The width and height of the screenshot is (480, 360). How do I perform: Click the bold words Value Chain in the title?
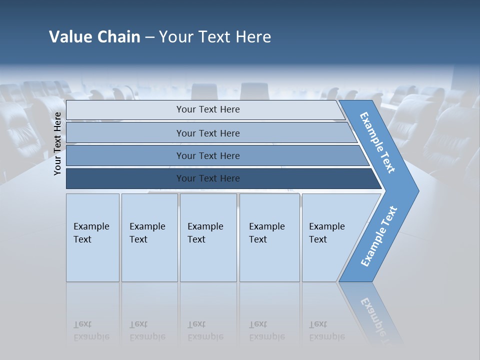[94, 37]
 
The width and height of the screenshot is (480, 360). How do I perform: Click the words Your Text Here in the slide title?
[215, 37]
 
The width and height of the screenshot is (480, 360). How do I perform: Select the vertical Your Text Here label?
[58, 143]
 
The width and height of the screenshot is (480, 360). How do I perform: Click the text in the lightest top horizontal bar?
[208, 109]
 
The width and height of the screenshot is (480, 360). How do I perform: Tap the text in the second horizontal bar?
[208, 133]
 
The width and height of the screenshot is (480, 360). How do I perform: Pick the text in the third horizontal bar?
[208, 156]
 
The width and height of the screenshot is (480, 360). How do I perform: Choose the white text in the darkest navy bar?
[208, 178]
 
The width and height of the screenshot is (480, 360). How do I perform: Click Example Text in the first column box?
[91, 233]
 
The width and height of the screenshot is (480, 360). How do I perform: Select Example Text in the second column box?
[147, 233]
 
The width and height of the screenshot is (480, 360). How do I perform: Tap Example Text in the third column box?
[205, 233]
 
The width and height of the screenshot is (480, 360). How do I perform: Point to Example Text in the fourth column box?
[266, 233]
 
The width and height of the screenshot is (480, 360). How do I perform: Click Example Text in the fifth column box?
[326, 233]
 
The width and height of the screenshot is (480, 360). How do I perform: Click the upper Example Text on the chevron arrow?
[378, 142]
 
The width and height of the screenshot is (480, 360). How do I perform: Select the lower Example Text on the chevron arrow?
[378, 236]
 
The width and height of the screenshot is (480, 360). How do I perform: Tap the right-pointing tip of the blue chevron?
[417, 190]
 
